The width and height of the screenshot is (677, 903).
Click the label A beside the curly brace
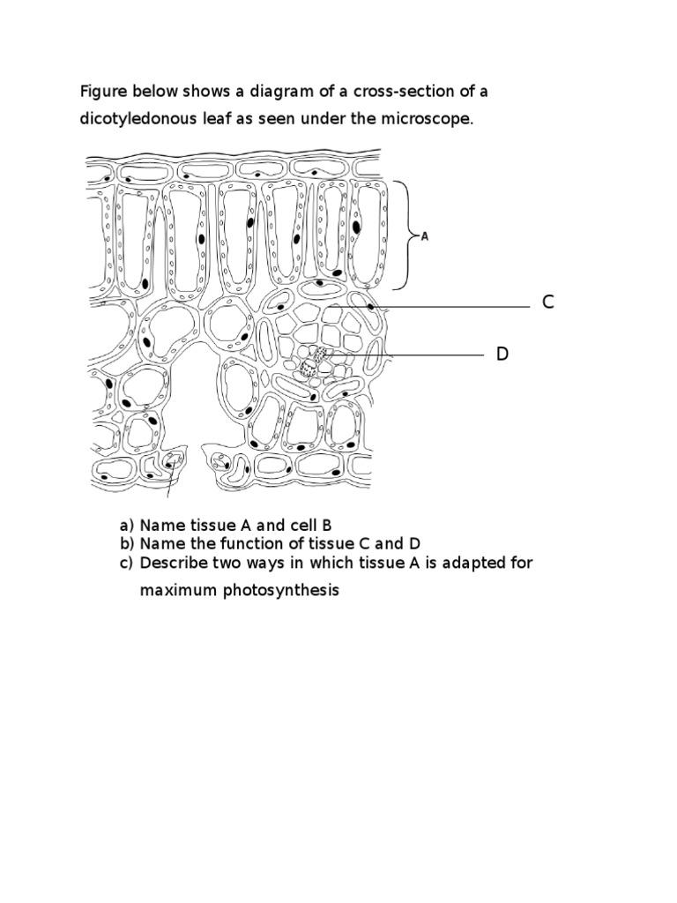pos(425,236)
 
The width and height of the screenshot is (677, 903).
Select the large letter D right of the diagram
pos(502,354)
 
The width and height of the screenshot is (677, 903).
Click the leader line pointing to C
pos(450,307)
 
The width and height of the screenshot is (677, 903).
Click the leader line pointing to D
pos(405,355)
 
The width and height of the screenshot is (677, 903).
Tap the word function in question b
pos(241,543)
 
